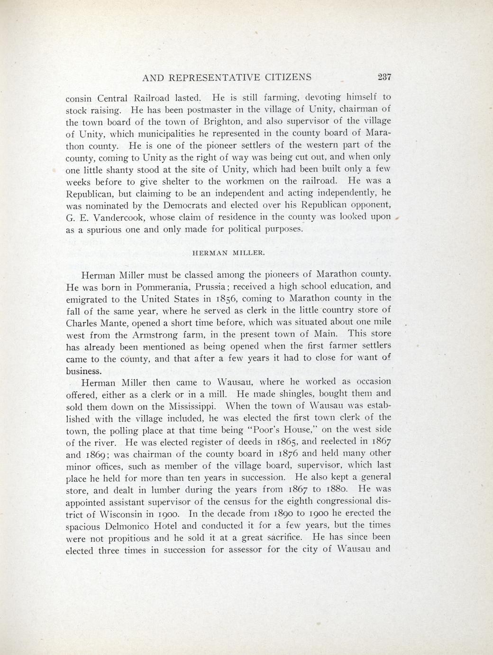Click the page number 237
coord(381,77)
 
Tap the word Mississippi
coord(192,406)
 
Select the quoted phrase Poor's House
coord(295,430)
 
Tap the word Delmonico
coord(146,525)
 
